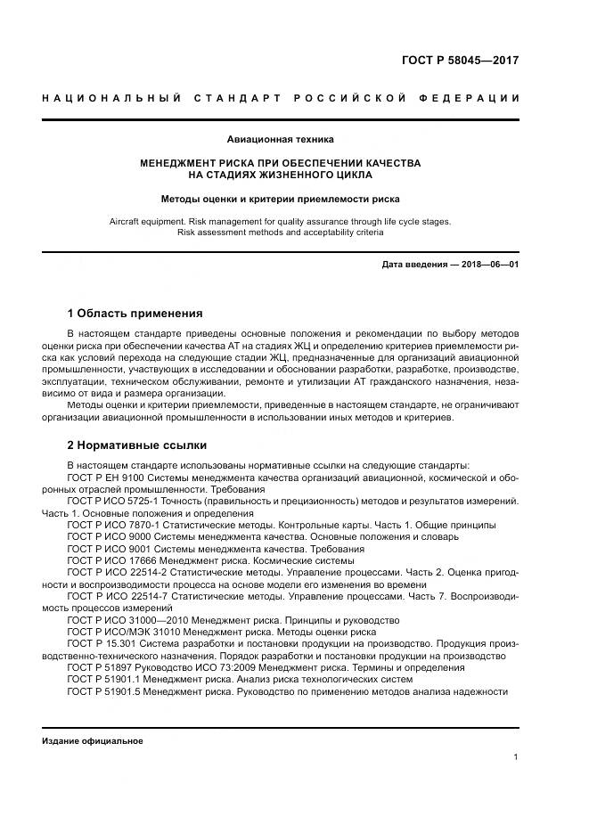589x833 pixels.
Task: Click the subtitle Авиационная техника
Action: click(281, 140)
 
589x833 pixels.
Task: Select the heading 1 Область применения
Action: click(135, 314)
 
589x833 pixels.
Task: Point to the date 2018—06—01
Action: click(488, 265)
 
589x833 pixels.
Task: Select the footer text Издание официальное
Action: click(93, 741)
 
